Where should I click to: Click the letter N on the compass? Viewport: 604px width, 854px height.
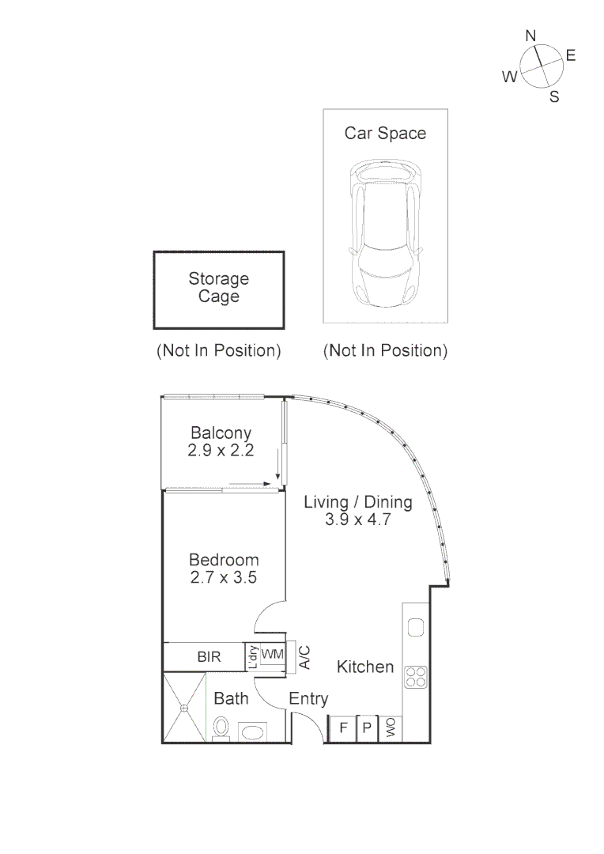[x=531, y=36]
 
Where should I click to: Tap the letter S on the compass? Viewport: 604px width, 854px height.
[x=554, y=97]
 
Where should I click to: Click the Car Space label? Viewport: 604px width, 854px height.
[x=385, y=133]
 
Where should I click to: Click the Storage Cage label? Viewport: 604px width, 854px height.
[x=218, y=288]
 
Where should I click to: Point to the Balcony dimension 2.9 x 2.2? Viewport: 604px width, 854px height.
[x=221, y=451]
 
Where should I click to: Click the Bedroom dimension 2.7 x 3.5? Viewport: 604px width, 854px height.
[x=224, y=577]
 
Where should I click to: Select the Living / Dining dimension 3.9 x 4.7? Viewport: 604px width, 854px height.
[x=358, y=520]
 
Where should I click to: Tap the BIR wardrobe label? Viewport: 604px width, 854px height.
[x=209, y=656]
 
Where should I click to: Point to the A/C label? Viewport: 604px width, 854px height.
[x=304, y=656]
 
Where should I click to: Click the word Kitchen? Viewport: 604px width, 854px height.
[x=365, y=667]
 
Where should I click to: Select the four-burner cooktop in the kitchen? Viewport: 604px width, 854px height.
[x=416, y=677]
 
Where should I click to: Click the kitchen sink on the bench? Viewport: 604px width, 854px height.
[x=416, y=628]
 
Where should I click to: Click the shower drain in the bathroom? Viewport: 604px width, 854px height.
[x=184, y=707]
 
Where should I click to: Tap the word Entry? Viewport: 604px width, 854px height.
[x=308, y=699]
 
